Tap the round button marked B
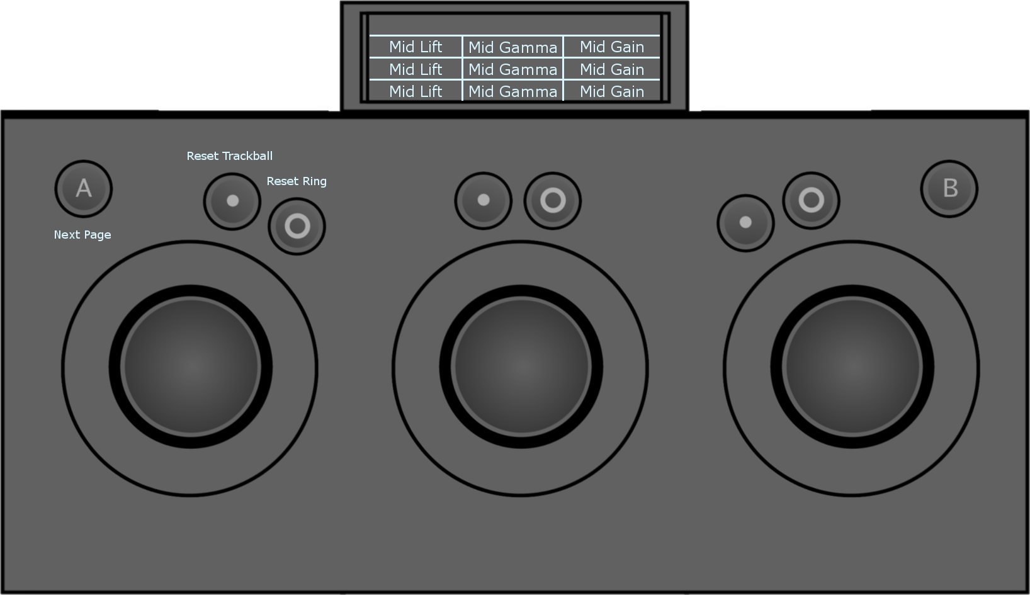[x=949, y=188]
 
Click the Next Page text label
[x=82, y=235]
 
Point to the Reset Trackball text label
[x=230, y=156]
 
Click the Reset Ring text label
[x=297, y=181]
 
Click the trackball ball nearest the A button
[x=191, y=366]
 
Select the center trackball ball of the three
[x=521, y=366]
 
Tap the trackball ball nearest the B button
[x=852, y=366]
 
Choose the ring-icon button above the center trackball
[x=552, y=201]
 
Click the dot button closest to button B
[x=745, y=223]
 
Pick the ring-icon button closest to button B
[x=811, y=200]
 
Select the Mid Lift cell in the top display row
[x=416, y=47]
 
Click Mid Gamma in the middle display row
[x=512, y=69]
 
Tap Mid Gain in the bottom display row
[x=611, y=91]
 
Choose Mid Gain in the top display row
[x=611, y=47]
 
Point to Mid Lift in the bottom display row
[x=416, y=91]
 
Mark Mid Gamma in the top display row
[x=512, y=47]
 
